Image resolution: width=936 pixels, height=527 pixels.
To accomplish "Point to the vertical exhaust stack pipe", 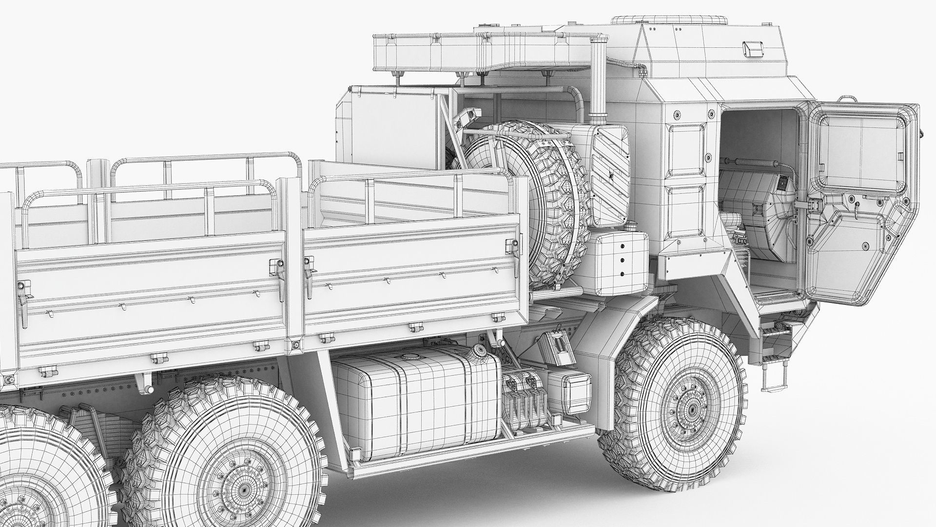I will pos(598,83).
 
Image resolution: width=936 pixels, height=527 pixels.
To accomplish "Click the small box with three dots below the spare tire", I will pos(620,262).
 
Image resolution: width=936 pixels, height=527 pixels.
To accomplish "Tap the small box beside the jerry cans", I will pos(568,390).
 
